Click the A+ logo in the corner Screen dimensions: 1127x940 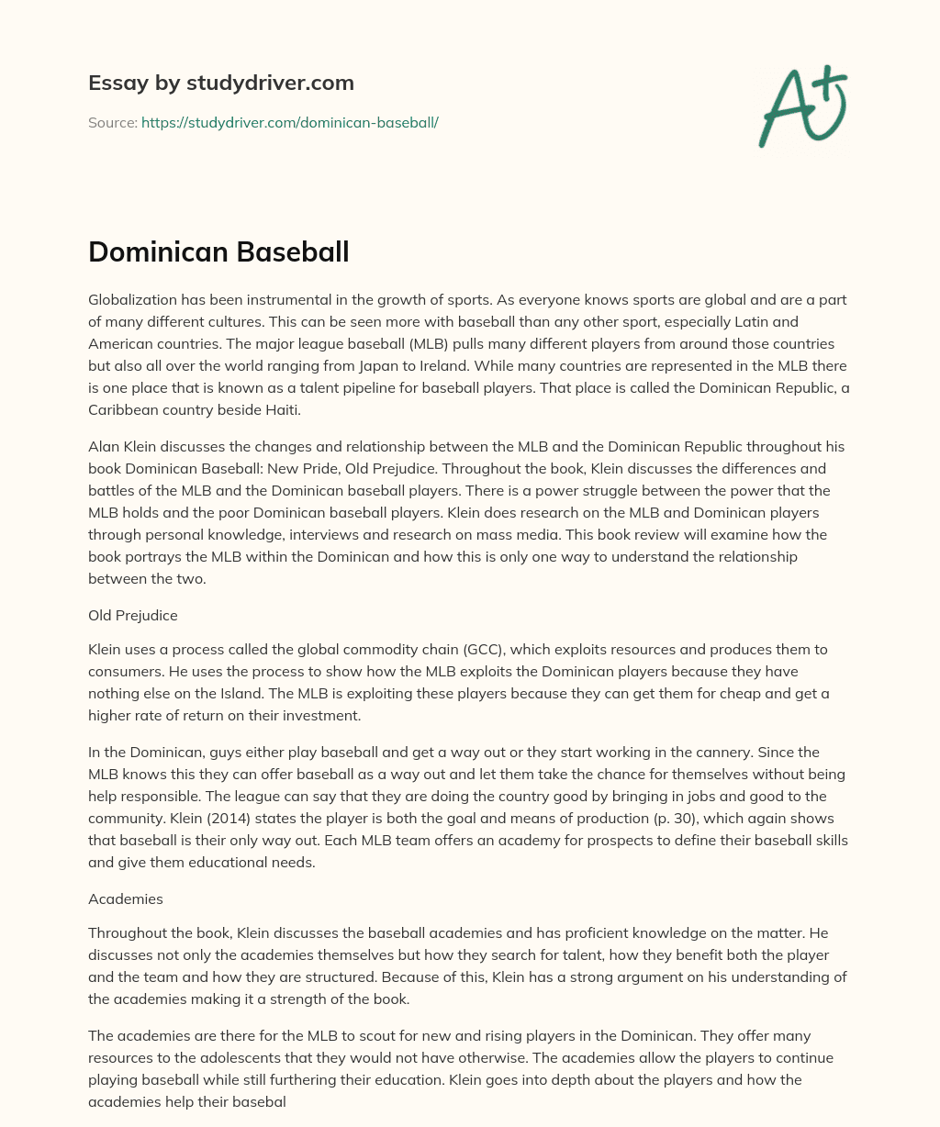[802, 106]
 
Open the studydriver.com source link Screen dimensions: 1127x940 [289, 122]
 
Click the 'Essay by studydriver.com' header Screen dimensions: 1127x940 [220, 83]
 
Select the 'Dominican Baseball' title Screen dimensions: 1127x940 [218, 251]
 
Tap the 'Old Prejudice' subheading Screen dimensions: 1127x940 [133, 616]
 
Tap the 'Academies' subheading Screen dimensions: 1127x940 [125, 899]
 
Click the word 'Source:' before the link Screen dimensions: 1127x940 [112, 122]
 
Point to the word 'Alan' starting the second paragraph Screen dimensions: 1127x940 [104, 446]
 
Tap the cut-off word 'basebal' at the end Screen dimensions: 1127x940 [262, 1102]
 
